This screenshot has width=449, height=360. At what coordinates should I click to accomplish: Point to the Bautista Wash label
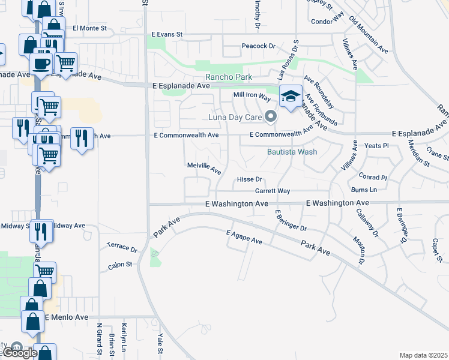click(292, 152)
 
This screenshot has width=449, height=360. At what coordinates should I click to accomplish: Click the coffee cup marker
click(41, 63)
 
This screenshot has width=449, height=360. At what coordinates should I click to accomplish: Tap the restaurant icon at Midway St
click(41, 230)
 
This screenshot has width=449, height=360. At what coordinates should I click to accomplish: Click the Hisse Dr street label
click(250, 179)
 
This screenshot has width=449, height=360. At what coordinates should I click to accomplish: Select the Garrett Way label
click(273, 191)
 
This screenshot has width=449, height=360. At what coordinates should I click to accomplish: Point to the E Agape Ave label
click(244, 237)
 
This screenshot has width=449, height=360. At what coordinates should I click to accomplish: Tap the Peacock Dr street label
click(258, 46)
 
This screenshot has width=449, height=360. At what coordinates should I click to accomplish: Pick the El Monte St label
click(89, 28)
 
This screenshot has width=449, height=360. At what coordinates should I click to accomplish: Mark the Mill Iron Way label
click(252, 95)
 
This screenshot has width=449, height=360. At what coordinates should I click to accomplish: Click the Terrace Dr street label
click(122, 247)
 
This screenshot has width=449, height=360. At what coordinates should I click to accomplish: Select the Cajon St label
click(120, 264)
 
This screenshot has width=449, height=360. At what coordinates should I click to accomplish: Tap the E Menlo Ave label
click(66, 317)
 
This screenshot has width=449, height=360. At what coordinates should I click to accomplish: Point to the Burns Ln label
click(364, 190)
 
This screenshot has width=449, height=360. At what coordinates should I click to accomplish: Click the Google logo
click(19, 353)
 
